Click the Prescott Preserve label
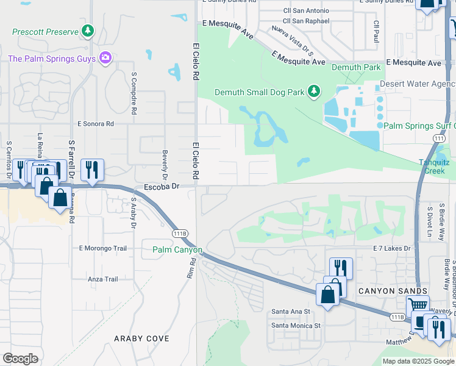coord(46,30)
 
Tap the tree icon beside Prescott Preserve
coord(88,30)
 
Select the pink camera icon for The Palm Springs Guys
coord(105,58)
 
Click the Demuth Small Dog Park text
coord(260,92)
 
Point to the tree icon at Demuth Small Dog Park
coord(314,91)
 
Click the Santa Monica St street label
coord(296,326)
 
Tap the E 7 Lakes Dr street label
coord(392,248)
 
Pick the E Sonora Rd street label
coord(96,124)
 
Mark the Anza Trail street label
coord(102,279)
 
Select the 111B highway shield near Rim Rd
coord(179,234)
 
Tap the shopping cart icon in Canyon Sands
coord(418,304)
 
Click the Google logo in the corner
coord(20,359)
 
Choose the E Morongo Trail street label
coord(102,248)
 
